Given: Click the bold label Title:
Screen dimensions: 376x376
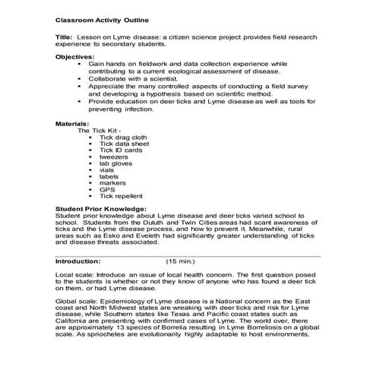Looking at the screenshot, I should click(65, 36).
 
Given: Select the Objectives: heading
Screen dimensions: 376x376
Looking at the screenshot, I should click(76, 57).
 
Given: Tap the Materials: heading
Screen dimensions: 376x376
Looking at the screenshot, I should click(73, 122).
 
